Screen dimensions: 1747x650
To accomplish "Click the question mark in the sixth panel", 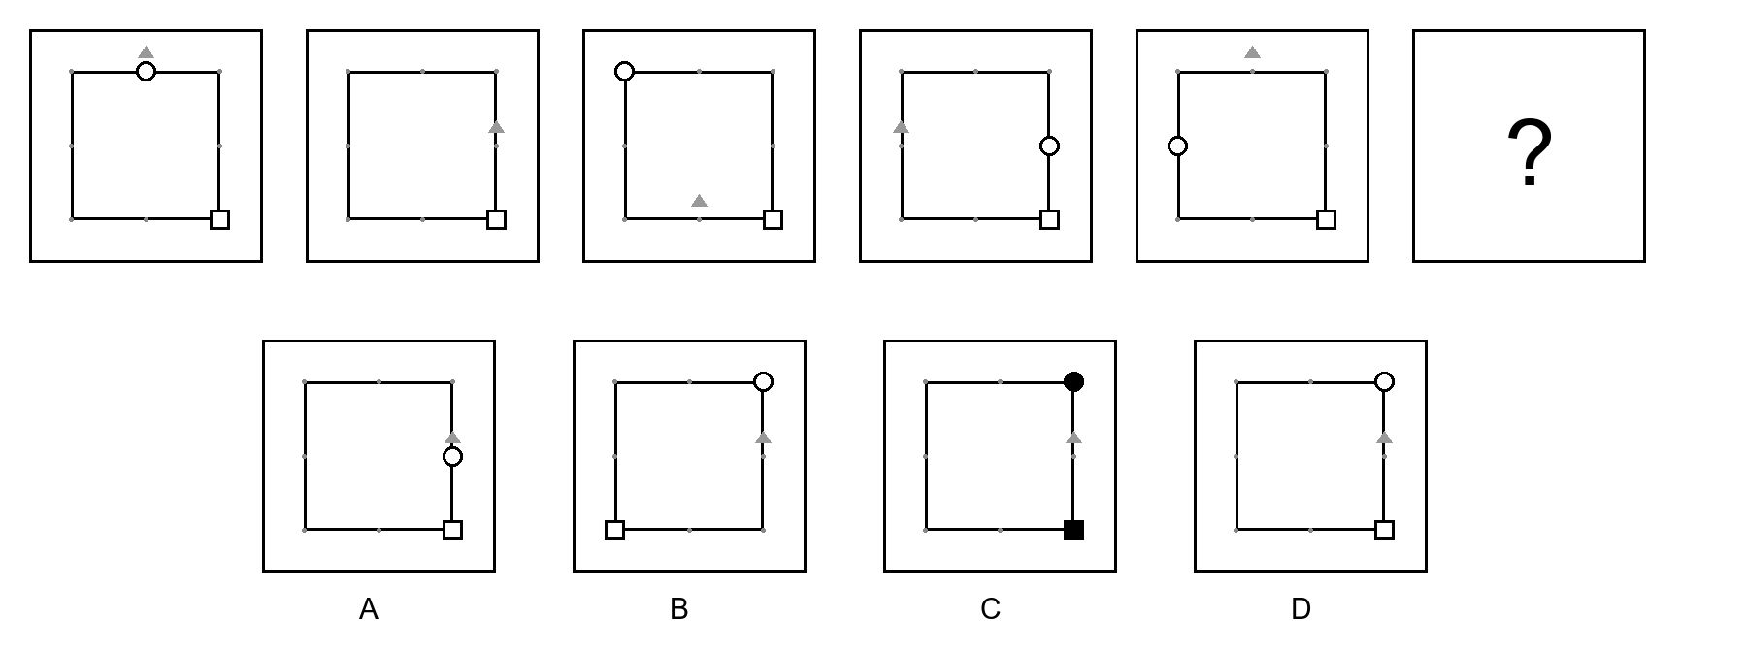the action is point(1529,153).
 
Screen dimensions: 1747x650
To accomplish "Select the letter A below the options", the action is point(369,609).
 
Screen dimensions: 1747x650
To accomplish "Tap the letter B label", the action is point(679,609).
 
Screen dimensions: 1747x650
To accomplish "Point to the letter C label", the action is point(990,609).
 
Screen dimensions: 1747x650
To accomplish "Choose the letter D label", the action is point(1301,609).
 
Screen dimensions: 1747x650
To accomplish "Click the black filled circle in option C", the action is point(1073,381).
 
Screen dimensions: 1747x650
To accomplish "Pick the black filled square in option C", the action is point(1073,530).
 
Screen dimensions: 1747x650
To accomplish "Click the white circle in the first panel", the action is point(146,71).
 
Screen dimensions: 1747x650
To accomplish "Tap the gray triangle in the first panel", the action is point(146,51).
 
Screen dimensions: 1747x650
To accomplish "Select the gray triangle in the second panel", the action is point(496,126).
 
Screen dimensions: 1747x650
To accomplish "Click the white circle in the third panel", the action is point(625,71).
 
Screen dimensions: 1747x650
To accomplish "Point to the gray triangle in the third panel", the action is point(699,200).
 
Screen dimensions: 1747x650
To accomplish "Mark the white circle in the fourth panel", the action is point(1049,146).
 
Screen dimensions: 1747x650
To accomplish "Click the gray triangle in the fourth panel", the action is point(901,126).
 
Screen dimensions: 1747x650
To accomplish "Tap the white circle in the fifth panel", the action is point(1177,146).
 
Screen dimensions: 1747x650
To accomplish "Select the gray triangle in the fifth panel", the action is point(1252,51).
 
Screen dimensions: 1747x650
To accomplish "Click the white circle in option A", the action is point(452,456).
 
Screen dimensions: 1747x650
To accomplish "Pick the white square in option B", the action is point(614,530).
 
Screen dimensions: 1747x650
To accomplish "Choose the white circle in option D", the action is point(1384,381).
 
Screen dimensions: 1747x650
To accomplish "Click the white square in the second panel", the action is point(496,219).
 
